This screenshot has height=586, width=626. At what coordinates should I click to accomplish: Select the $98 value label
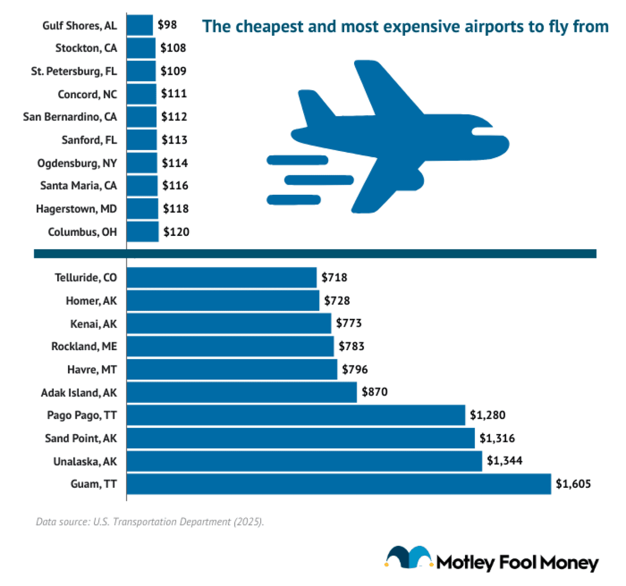point(167,25)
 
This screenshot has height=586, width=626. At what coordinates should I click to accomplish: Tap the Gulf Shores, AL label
point(80,25)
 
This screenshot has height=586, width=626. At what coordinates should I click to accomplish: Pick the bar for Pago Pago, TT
point(296,415)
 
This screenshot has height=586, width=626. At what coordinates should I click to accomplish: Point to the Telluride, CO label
point(86,278)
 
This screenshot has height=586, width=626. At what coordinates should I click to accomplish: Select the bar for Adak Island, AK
point(242,392)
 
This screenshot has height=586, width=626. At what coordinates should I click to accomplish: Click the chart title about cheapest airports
point(405,26)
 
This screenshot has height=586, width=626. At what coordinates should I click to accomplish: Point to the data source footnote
point(150,521)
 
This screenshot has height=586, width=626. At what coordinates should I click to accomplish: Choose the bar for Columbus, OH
point(143,232)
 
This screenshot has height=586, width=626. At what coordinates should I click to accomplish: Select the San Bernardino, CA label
point(70,117)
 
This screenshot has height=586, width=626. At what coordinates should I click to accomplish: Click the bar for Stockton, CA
point(141,48)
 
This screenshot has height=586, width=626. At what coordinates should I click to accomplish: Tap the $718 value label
point(334,278)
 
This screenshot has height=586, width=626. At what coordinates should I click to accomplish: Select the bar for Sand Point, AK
point(300,438)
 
